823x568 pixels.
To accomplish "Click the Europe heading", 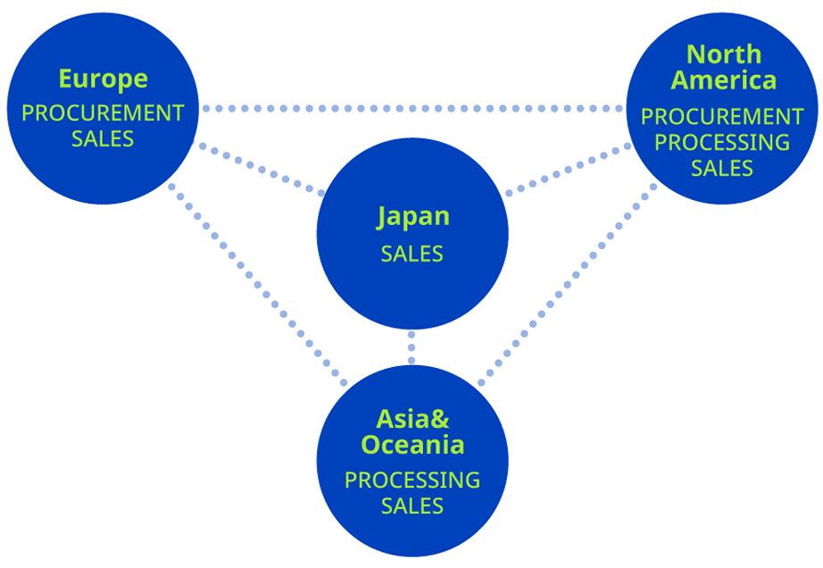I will tap(103, 79).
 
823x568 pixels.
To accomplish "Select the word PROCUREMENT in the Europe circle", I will tap(103, 113).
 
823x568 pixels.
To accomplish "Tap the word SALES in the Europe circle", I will tap(103, 139).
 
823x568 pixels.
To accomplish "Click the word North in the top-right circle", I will tap(724, 54).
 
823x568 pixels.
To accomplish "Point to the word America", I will tap(724, 80).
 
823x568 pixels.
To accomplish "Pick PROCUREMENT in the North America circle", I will tap(722, 117).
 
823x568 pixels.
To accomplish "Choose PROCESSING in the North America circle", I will tap(722, 142).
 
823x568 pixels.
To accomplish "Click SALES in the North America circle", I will tap(722, 168).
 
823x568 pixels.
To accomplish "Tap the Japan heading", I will tap(412, 217).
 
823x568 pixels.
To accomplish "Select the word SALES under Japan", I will tap(412, 254).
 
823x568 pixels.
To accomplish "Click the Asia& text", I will tap(412, 418).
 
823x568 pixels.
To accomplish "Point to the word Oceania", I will tap(412, 444).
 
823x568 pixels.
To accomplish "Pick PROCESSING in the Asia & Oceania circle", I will tap(412, 480).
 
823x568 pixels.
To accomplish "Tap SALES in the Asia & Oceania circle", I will tap(412, 506).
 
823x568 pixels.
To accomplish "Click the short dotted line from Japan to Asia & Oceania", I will tap(411, 347).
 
